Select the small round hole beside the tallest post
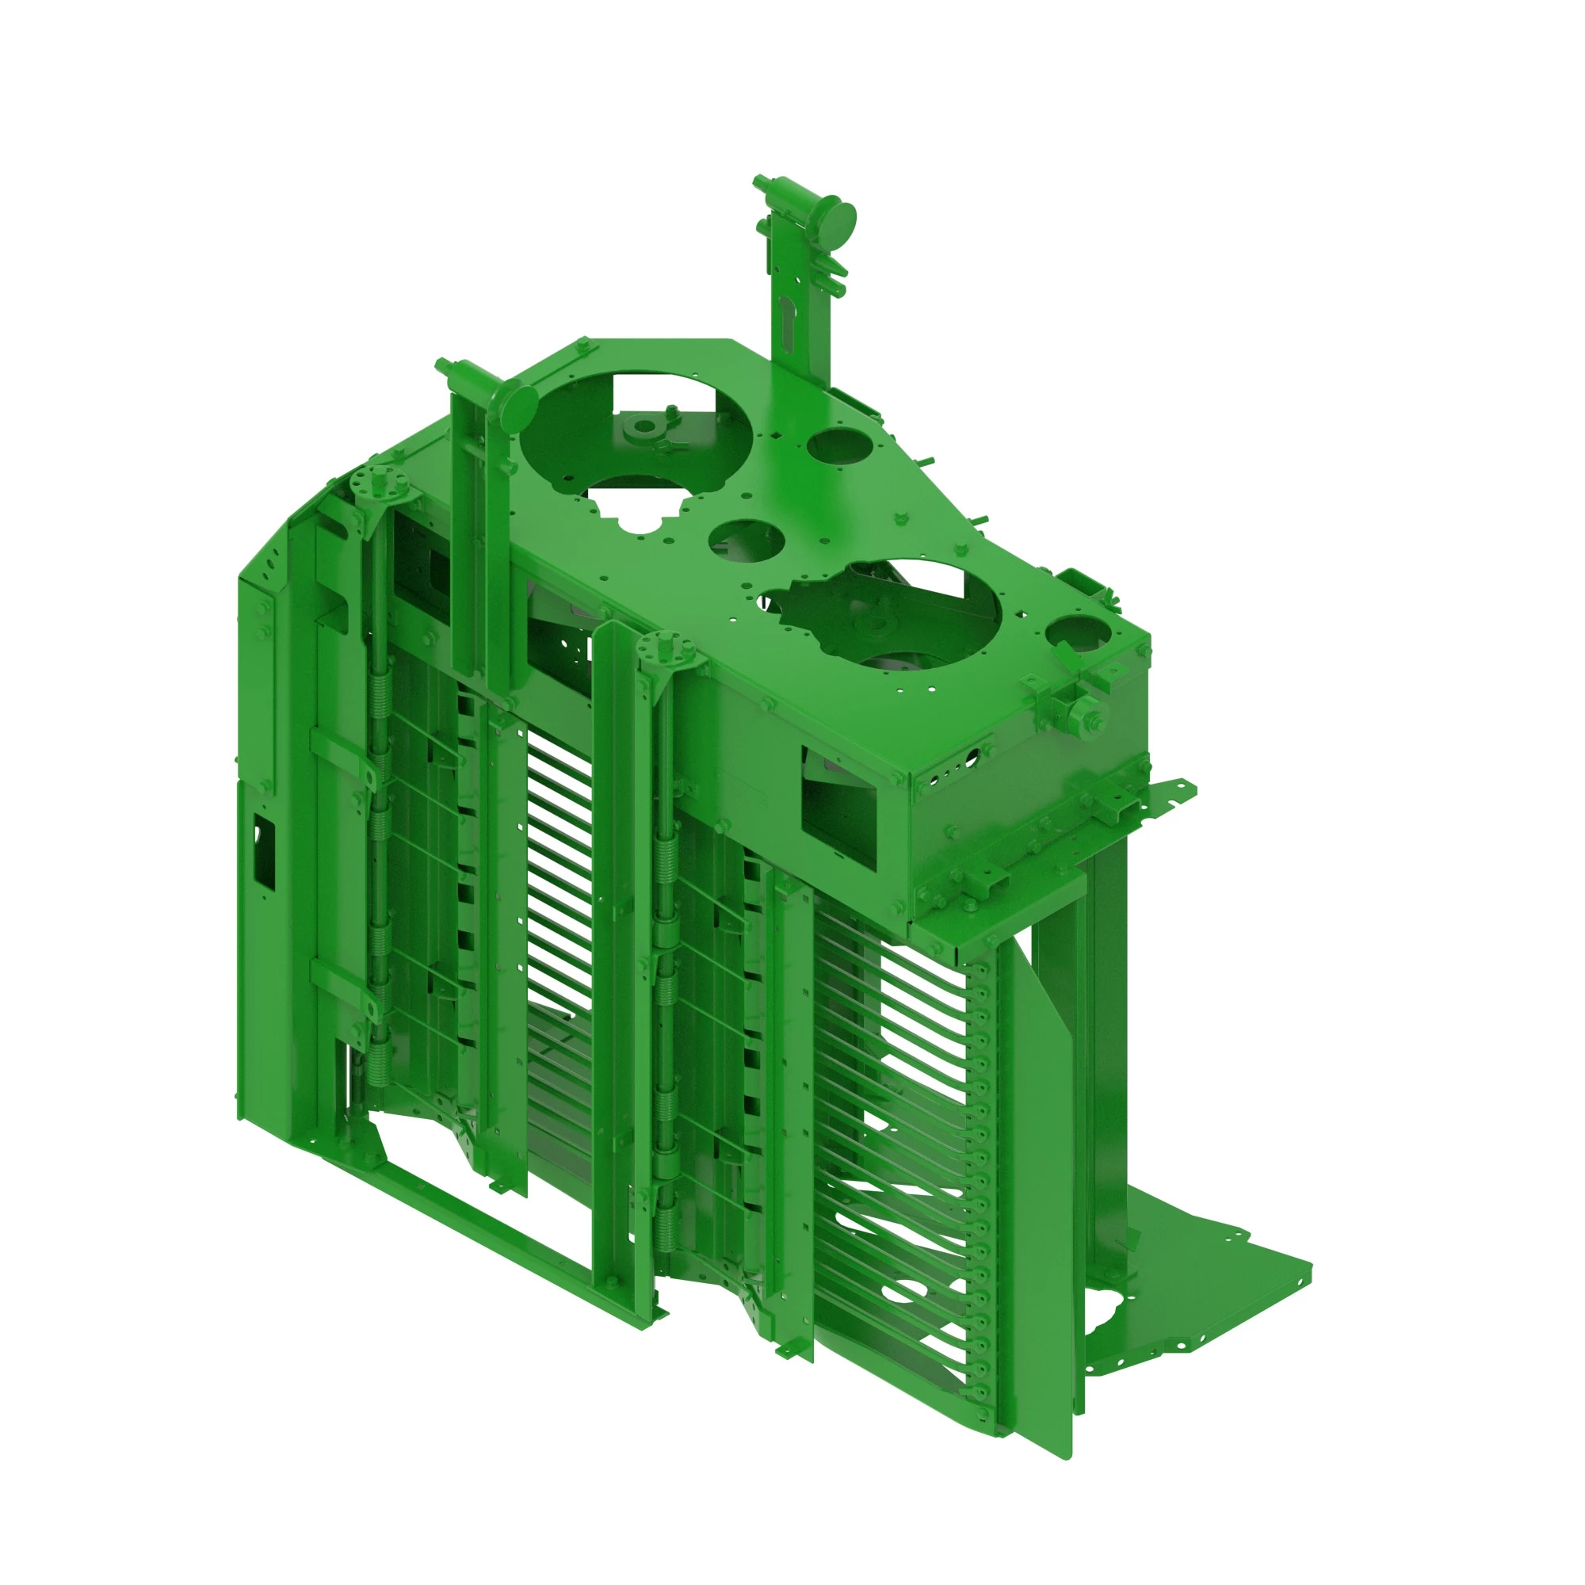(838, 446)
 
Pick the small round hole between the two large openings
(747, 542)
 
